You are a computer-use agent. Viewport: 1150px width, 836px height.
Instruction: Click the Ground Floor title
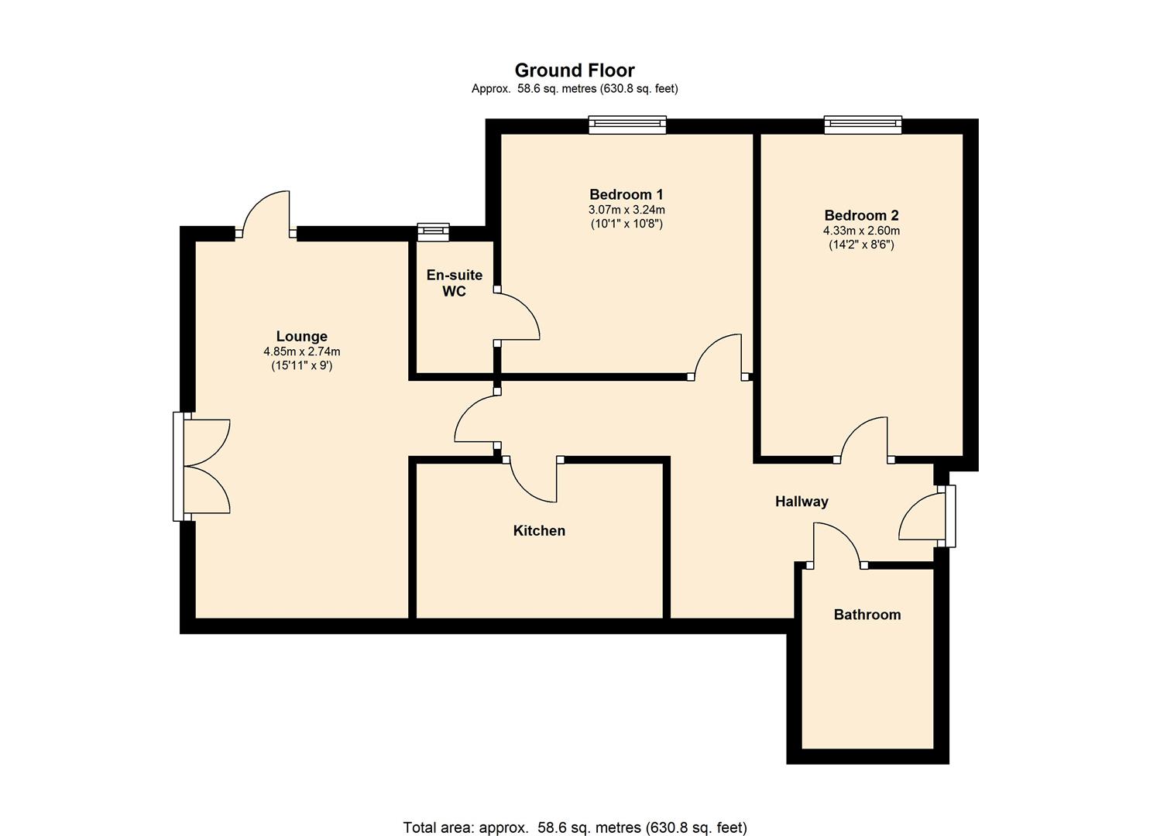pos(575,70)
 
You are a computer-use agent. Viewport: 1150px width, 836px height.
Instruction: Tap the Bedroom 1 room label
pos(626,194)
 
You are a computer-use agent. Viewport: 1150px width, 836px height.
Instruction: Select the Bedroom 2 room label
pos(861,215)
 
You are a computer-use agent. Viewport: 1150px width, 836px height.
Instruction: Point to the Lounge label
pos(301,336)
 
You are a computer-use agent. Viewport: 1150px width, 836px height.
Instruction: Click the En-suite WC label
pos(454,283)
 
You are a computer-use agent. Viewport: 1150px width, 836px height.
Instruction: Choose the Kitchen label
pos(539,530)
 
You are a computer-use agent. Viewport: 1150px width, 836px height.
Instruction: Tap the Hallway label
pos(802,502)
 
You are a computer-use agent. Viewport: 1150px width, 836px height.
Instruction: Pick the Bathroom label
pos(867,615)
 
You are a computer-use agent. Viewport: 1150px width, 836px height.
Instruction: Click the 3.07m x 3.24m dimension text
pos(626,210)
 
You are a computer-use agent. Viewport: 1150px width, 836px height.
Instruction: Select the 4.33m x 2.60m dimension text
pos(861,231)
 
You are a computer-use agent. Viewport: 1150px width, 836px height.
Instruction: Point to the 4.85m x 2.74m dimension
pos(301,351)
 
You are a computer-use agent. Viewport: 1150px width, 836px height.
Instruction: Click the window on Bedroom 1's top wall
pos(626,125)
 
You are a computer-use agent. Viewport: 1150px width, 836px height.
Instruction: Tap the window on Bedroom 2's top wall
pos(863,125)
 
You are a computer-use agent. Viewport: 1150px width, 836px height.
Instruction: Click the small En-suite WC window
pos(433,231)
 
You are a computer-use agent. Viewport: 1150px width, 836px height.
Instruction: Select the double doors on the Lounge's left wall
pos(203,466)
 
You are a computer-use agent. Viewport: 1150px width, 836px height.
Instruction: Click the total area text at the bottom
pos(575,827)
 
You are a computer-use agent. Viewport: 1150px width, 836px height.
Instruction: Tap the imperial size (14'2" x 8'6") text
pos(861,245)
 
